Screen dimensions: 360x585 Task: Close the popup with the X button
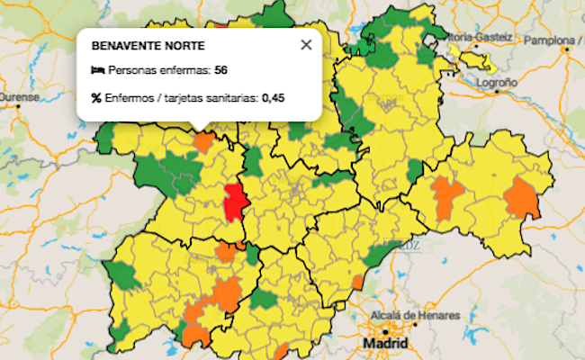coord(306,44)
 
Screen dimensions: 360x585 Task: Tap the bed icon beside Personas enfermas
coord(97,70)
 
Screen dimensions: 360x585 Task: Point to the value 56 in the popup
coord(220,70)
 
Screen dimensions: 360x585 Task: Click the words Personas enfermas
coord(159,70)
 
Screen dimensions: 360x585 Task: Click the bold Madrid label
coord(384,344)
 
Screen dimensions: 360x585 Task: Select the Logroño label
coord(497,82)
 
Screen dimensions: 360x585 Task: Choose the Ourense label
coord(18,95)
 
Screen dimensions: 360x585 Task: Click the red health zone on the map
coord(236,201)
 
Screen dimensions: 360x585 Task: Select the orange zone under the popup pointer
coord(203,141)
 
